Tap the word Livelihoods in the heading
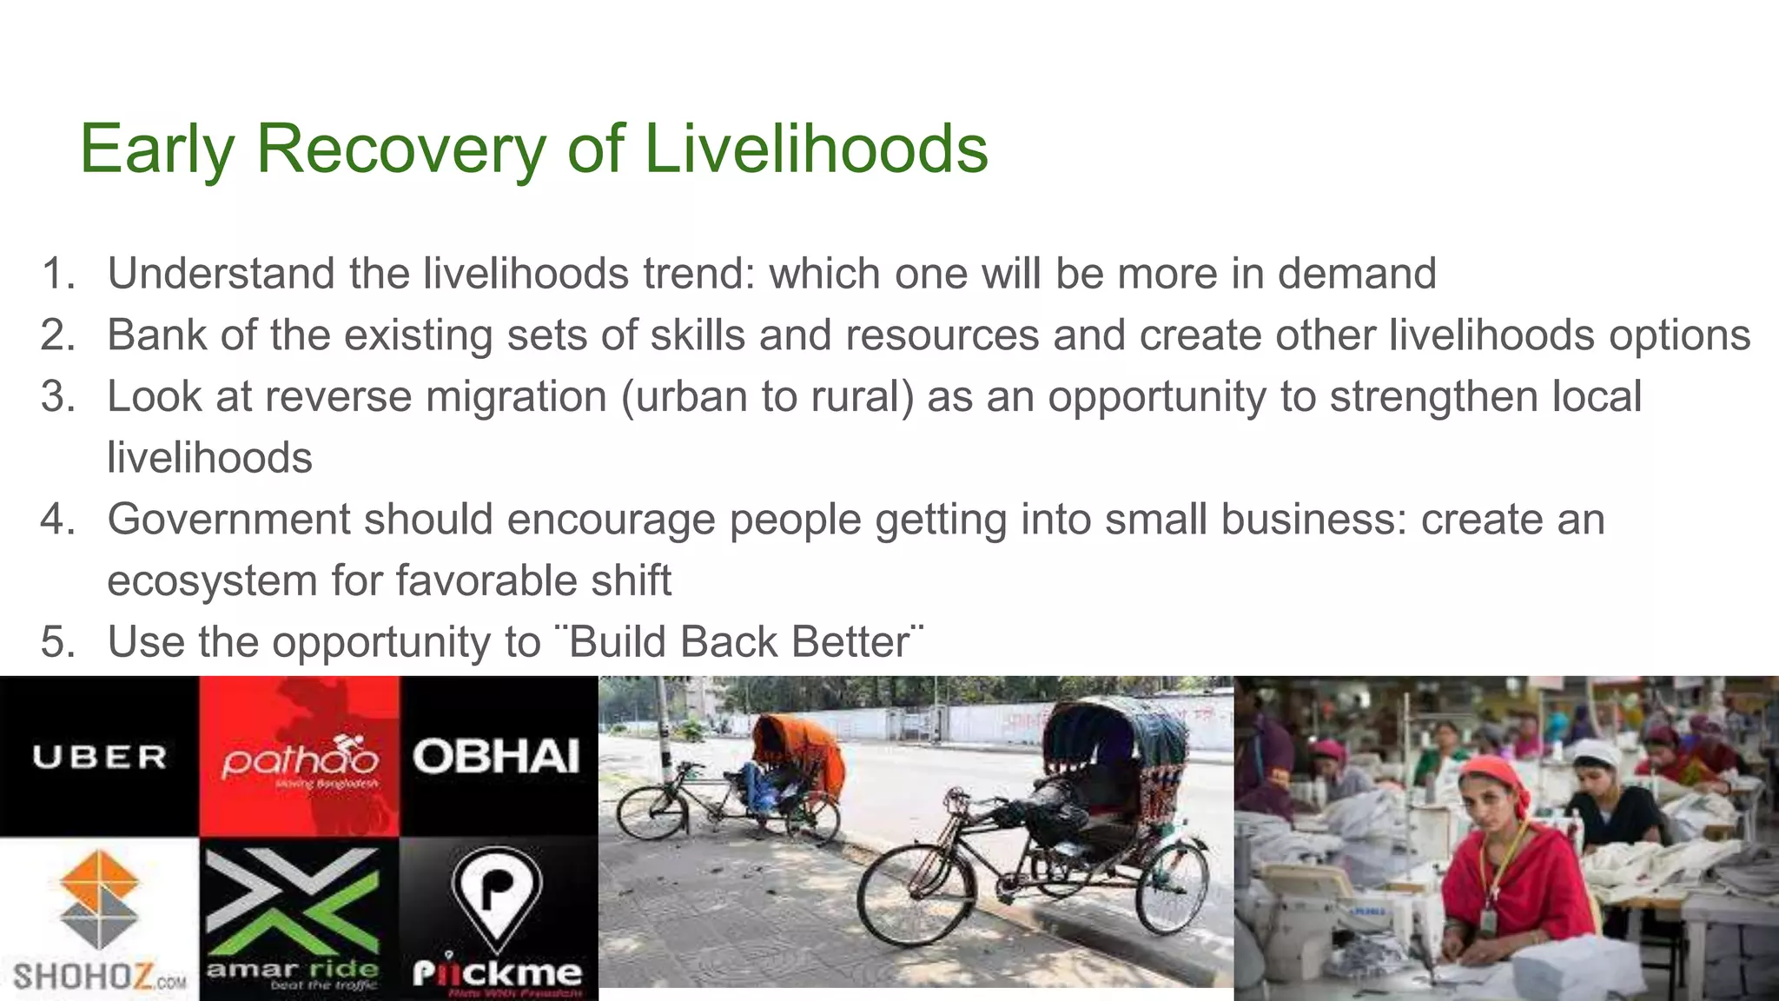tap(816, 149)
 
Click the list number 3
tap(58, 397)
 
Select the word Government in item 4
tap(228, 520)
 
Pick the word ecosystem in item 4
tap(212, 580)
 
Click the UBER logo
tap(99, 757)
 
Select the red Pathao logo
tap(300, 758)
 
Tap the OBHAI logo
tap(496, 757)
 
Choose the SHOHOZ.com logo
tap(99, 921)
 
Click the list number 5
tap(58, 643)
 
